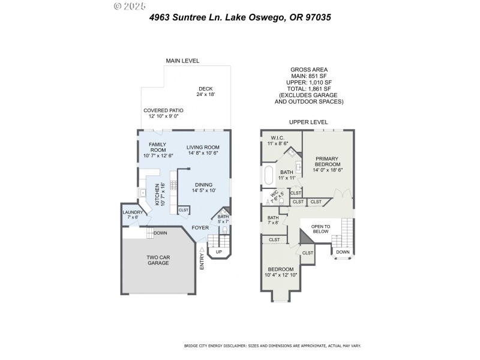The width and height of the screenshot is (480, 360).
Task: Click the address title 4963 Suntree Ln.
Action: [x=240, y=17]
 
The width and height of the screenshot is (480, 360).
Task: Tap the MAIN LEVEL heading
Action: [x=182, y=61]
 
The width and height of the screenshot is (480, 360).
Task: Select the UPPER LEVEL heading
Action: [x=308, y=122]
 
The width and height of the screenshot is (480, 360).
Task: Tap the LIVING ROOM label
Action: [x=203, y=150]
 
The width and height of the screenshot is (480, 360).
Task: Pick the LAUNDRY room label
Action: [x=132, y=214]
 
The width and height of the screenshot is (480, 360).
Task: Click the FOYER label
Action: [x=200, y=228]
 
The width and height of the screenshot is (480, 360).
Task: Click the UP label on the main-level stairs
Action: [x=218, y=251]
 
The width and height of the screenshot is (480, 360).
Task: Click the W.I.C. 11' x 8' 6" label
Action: [x=277, y=140]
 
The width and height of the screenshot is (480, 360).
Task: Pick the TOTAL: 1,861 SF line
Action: [x=308, y=88]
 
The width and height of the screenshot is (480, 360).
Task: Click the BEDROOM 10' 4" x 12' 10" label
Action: [x=281, y=272]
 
